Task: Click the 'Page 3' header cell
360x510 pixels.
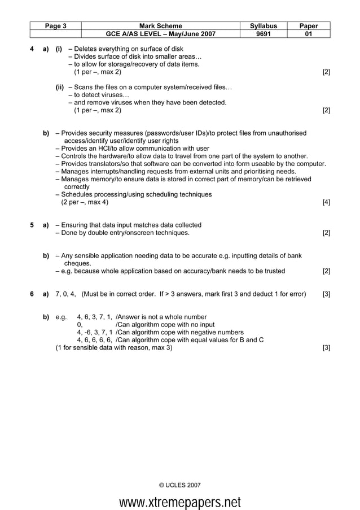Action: pos(56,25)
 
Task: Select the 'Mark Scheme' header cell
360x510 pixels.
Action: pos(160,25)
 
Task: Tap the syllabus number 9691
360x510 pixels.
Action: pos(264,34)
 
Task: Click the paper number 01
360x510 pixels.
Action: pos(309,34)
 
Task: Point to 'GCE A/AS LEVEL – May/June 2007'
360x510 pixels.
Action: pos(160,34)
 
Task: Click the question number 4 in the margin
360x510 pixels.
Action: pos(32,49)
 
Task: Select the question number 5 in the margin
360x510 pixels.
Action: pos(32,225)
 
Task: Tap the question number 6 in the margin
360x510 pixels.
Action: pos(32,294)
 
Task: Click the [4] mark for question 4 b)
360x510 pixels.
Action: pos(326,202)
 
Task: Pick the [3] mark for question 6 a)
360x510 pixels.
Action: pos(326,294)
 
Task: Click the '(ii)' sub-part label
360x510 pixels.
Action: pos(60,88)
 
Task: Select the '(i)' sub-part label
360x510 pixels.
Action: pos(59,49)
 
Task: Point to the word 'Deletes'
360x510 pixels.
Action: pos(86,49)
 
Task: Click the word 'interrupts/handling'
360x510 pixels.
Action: pos(123,171)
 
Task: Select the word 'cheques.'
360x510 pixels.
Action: pos(78,263)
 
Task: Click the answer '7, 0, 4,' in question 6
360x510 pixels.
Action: pos(66,294)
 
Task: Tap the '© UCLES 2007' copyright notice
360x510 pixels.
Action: pos(179,485)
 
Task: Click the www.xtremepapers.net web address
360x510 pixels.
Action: pos(179,502)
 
